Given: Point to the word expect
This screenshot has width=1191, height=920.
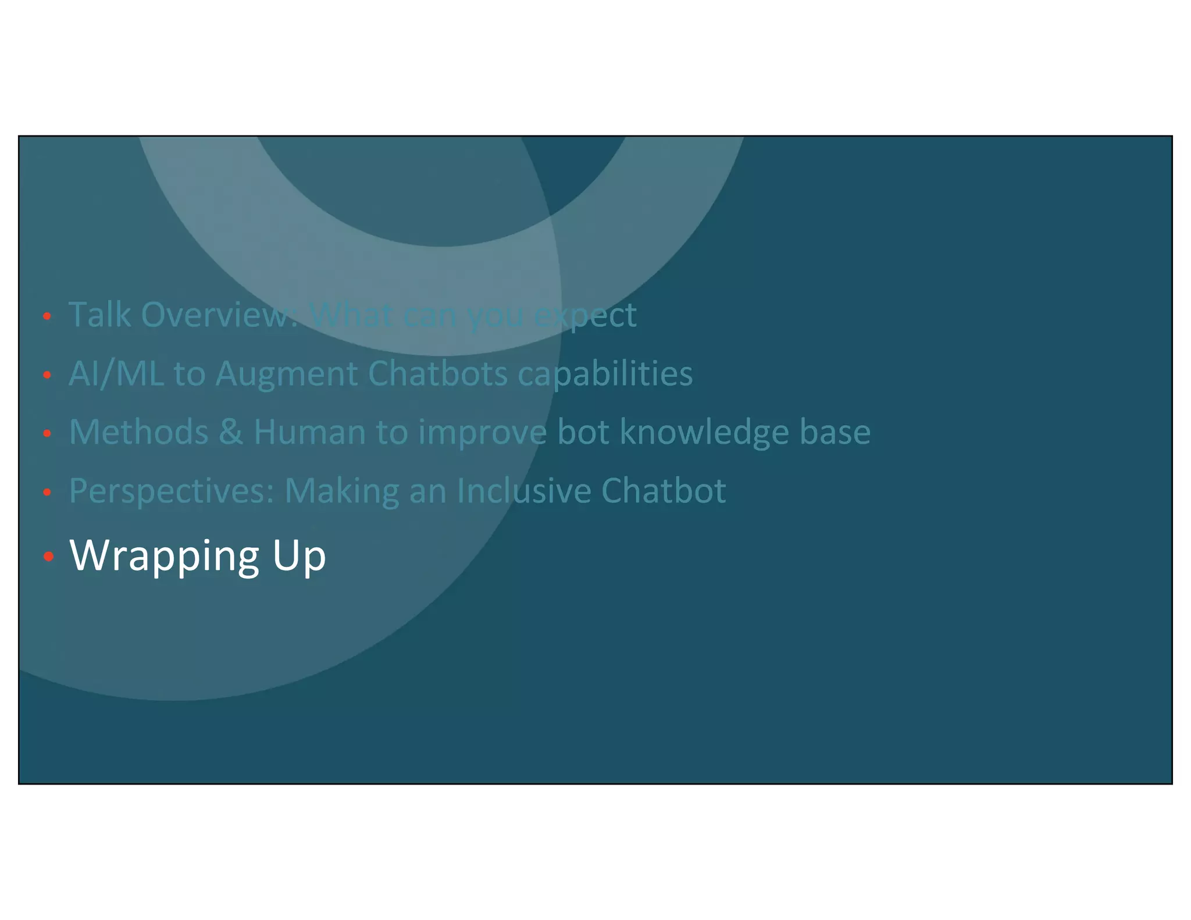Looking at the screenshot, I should (586, 316).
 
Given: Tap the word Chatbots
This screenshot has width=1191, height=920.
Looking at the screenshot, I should (438, 373).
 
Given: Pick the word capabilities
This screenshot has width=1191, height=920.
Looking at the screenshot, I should (605, 375).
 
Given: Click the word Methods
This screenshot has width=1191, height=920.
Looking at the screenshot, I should (138, 432).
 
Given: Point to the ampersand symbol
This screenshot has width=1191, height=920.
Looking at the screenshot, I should (231, 432).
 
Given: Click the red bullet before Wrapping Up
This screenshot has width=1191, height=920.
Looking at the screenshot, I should (48, 557).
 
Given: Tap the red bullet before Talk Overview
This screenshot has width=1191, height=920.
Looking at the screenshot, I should (48, 316).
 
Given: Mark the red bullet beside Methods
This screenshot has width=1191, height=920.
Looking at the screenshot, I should (48, 433).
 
